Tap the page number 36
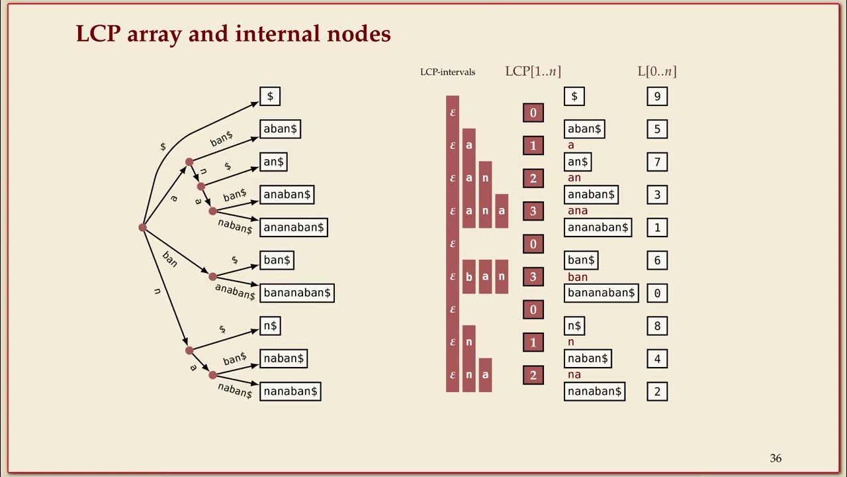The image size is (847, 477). (776, 458)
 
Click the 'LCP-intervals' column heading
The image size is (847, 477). (448, 72)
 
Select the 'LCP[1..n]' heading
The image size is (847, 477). (533, 71)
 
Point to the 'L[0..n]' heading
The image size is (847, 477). (657, 71)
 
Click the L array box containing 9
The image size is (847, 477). (657, 96)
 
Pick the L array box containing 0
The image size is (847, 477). (657, 293)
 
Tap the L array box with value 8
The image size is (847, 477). (657, 326)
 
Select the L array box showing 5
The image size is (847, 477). (657, 129)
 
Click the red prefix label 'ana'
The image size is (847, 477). (578, 211)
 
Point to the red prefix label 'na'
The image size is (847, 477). (574, 375)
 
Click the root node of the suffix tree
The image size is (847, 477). (142, 227)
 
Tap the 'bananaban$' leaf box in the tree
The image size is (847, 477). (297, 293)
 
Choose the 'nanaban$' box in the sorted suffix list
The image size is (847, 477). (594, 392)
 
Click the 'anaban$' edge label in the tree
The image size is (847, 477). (235, 291)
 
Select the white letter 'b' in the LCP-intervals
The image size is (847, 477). (469, 277)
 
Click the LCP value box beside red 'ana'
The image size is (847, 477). (533, 211)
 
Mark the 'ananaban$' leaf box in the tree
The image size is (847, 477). (293, 227)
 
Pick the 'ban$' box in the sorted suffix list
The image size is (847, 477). (581, 260)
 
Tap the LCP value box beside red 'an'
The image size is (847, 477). (533, 178)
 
